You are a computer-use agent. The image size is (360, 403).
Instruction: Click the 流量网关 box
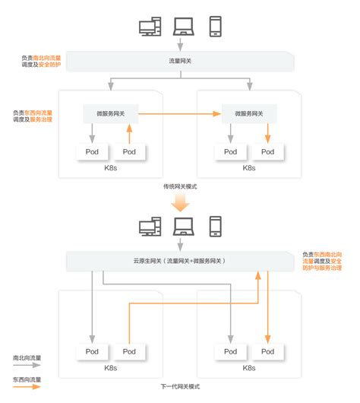180,60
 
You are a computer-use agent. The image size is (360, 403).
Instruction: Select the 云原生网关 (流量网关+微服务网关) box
180,261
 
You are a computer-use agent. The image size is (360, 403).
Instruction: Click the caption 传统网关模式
180,186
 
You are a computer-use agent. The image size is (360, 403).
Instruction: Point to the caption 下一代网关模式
180,388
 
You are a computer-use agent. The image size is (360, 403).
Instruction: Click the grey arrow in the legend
27,366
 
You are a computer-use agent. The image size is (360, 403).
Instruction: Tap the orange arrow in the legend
27,388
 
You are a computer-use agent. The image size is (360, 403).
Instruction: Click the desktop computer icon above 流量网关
150,28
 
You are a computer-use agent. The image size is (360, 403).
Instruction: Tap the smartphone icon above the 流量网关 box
215,27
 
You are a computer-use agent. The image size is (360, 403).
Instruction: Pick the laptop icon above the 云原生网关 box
183,226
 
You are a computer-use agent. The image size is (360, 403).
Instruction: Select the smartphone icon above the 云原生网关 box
215,226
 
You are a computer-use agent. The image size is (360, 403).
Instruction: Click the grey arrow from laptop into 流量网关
181,45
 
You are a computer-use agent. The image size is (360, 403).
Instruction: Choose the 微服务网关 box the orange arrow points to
247,114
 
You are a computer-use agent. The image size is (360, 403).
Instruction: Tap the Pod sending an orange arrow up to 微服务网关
129,151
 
